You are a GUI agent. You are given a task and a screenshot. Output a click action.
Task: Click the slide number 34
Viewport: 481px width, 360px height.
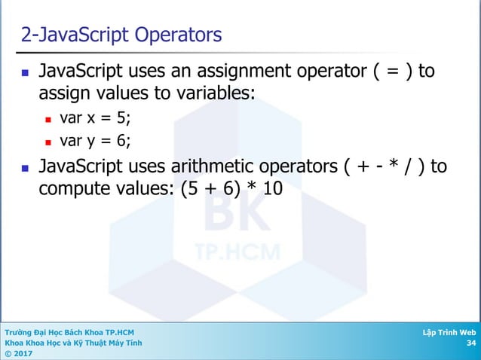pos(471,343)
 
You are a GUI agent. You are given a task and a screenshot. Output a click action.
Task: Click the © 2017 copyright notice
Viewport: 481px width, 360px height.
pos(19,353)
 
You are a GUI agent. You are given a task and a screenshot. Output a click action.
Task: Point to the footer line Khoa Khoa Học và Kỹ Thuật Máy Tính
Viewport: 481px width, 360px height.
pos(72,343)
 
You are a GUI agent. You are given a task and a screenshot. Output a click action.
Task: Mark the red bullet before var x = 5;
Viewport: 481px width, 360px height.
pos(47,119)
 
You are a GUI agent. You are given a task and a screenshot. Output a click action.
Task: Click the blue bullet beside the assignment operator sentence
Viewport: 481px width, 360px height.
pos(25,74)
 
